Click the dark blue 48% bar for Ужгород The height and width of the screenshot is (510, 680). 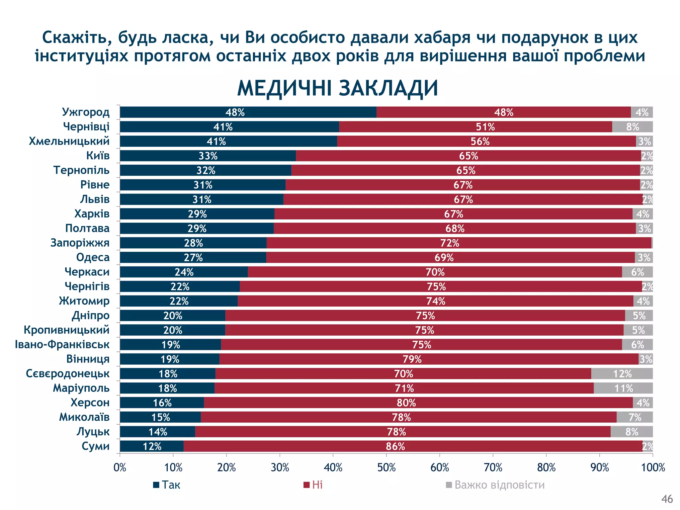pyautogui.click(x=248, y=112)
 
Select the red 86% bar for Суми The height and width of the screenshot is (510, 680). pyautogui.click(x=413, y=446)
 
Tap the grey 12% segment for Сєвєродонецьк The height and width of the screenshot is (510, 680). pyautogui.click(x=622, y=374)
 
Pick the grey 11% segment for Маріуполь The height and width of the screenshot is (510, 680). pyautogui.click(x=623, y=388)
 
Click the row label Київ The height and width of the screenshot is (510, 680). pyautogui.click(x=98, y=155)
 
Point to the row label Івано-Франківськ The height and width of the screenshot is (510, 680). pyautogui.click(x=62, y=344)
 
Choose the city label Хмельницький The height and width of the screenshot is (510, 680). pyautogui.click(x=69, y=141)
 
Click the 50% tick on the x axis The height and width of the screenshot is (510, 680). pyautogui.click(x=386, y=467)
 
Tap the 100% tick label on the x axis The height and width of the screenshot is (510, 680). pyautogui.click(x=653, y=467)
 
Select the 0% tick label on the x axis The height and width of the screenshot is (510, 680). pyautogui.click(x=120, y=467)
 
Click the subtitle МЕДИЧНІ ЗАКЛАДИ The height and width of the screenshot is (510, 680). pyautogui.click(x=337, y=88)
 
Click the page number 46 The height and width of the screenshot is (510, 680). pyautogui.click(x=667, y=499)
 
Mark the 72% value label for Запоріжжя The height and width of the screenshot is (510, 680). pyautogui.click(x=450, y=243)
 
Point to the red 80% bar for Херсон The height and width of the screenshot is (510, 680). pyautogui.click(x=418, y=403)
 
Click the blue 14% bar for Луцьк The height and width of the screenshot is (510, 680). pyautogui.click(x=157, y=432)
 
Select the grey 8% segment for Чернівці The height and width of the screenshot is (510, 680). pyautogui.click(x=632, y=127)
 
